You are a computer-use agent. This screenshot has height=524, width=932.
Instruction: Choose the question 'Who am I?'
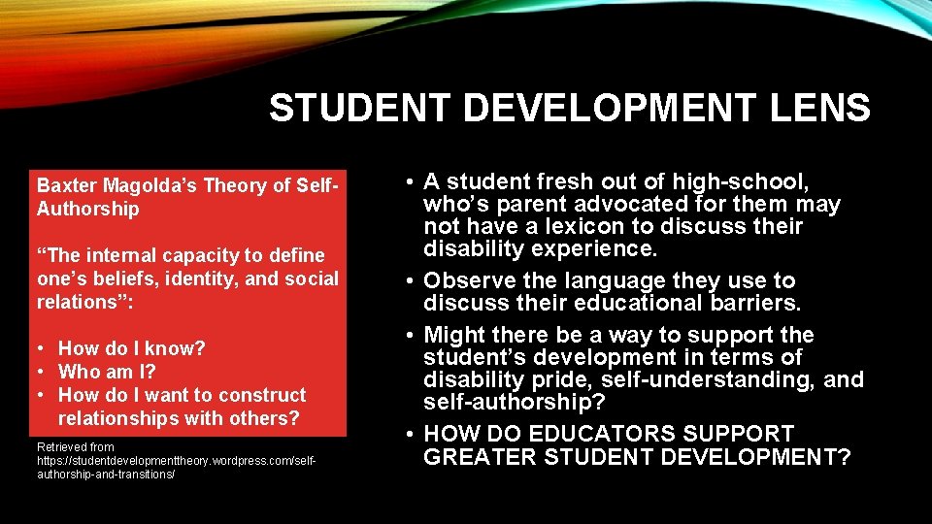[107, 372]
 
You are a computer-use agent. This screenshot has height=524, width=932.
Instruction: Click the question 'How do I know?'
[132, 348]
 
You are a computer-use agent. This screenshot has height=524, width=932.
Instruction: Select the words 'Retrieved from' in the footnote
[75, 447]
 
